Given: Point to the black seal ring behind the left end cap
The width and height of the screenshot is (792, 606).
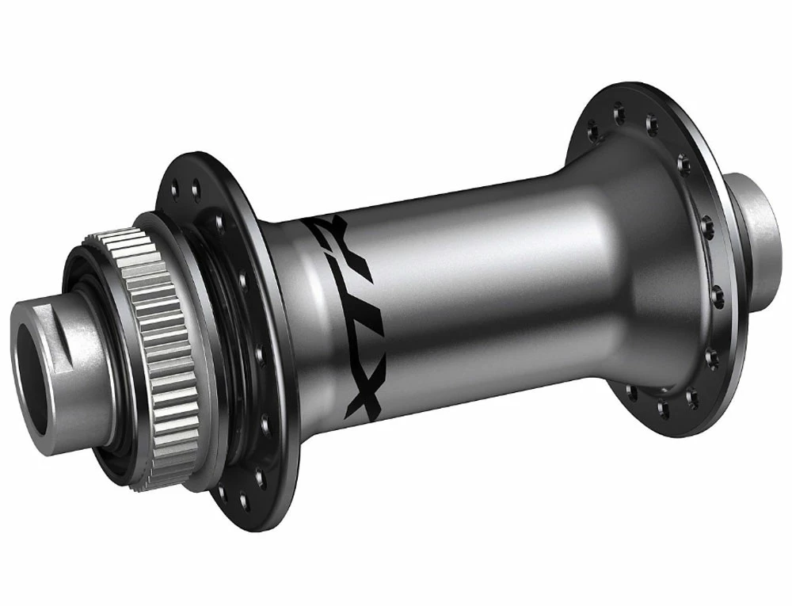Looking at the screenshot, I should click(x=87, y=412).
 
